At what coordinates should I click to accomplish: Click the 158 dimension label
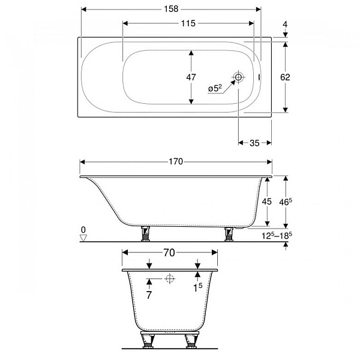tap(171, 9)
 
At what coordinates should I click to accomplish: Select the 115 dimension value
tap(188, 23)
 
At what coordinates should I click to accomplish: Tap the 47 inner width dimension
tap(191, 77)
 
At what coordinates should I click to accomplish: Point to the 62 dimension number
tap(285, 77)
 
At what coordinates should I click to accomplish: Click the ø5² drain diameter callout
tap(215, 88)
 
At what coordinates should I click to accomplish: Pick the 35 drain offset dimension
tap(254, 143)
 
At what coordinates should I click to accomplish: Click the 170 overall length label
tap(176, 162)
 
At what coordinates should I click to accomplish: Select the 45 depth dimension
tap(267, 202)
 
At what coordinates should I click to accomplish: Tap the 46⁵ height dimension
tap(286, 202)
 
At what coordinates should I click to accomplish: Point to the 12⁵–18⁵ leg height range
tap(277, 236)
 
